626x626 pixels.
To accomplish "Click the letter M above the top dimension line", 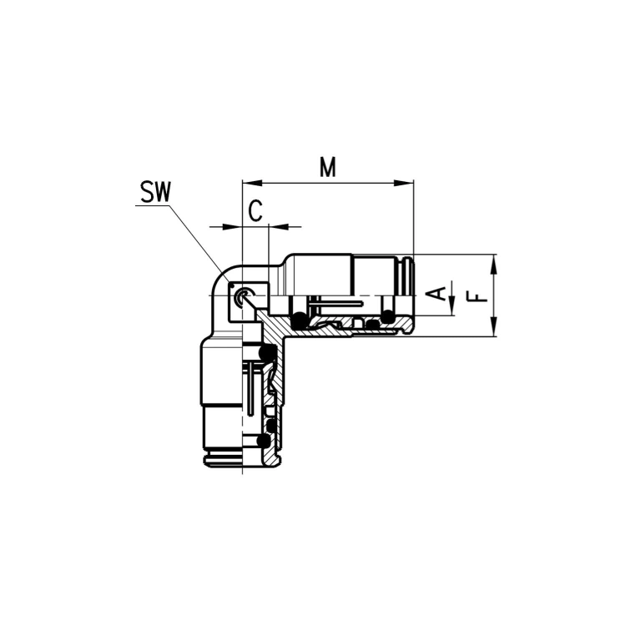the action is [x=328, y=167].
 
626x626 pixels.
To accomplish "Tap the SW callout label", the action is [x=155, y=192].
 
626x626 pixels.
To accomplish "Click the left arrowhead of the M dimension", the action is [x=252, y=184].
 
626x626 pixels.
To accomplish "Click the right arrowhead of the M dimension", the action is [x=404, y=184].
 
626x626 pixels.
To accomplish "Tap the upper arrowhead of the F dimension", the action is [x=494, y=265].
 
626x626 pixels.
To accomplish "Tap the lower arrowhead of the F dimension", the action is [x=494, y=326].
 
